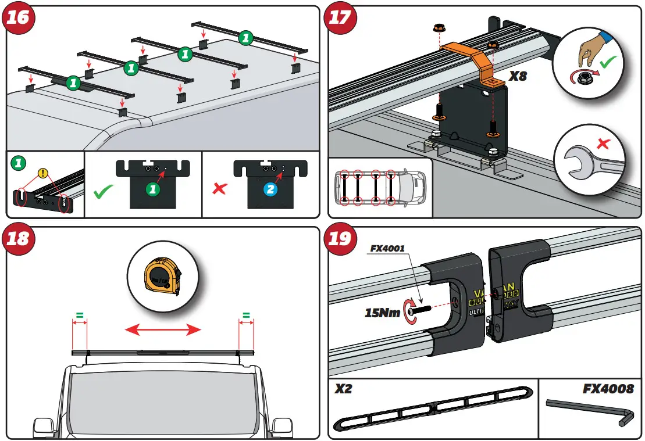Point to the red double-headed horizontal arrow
[x=163, y=330]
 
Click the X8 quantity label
[x=518, y=76]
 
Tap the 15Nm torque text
[x=382, y=313]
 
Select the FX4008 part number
[x=608, y=389]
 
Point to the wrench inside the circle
[x=587, y=160]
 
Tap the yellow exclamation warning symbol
[x=42, y=172]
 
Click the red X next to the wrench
[x=604, y=142]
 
